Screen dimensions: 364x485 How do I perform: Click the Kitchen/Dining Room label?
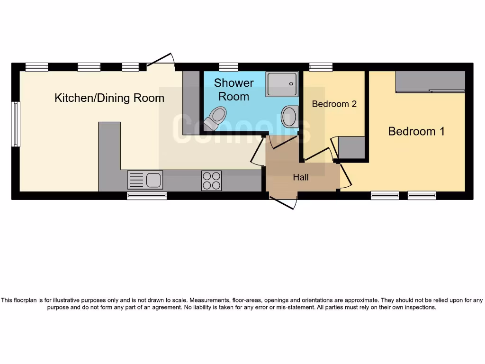tap(109, 98)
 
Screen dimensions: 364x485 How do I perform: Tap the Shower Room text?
tap(234, 90)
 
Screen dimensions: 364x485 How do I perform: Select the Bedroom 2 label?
tap(334, 104)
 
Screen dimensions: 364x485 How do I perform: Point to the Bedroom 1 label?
tap(416, 131)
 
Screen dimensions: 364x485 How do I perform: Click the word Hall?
tap(301, 177)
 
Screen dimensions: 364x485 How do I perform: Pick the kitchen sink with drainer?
tap(145, 180)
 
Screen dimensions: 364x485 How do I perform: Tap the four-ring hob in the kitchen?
tap(211, 180)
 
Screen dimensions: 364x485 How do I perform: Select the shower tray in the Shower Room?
tap(281, 84)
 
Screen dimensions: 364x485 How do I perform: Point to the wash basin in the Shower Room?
tap(289, 116)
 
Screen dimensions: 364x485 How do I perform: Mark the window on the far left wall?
tap(16, 124)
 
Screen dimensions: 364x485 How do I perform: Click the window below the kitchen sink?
tap(147, 195)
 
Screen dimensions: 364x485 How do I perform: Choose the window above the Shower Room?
tap(229, 67)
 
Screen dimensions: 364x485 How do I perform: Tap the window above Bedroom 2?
tap(321, 67)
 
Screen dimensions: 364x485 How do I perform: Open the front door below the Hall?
tap(283, 200)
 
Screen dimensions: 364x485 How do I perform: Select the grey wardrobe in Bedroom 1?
tap(430, 82)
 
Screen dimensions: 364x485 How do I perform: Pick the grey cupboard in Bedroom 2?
tap(352, 147)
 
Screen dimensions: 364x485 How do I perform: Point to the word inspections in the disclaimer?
tap(417, 307)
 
